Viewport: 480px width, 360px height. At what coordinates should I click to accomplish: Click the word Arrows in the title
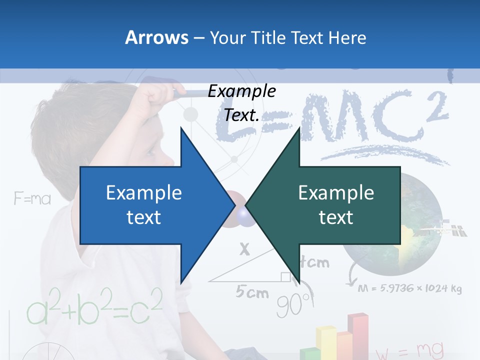click(x=156, y=37)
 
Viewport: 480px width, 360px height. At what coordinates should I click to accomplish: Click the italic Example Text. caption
click(x=241, y=103)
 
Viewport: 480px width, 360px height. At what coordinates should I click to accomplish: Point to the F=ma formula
click(x=32, y=199)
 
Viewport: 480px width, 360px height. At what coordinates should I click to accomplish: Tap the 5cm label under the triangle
click(x=252, y=292)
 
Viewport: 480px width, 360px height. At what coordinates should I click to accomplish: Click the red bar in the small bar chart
click(x=358, y=335)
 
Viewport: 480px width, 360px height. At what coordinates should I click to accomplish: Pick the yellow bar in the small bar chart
click(x=326, y=342)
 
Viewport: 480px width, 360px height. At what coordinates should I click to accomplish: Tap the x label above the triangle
click(x=244, y=248)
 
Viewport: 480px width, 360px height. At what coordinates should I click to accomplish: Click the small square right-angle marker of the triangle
click(x=285, y=276)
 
